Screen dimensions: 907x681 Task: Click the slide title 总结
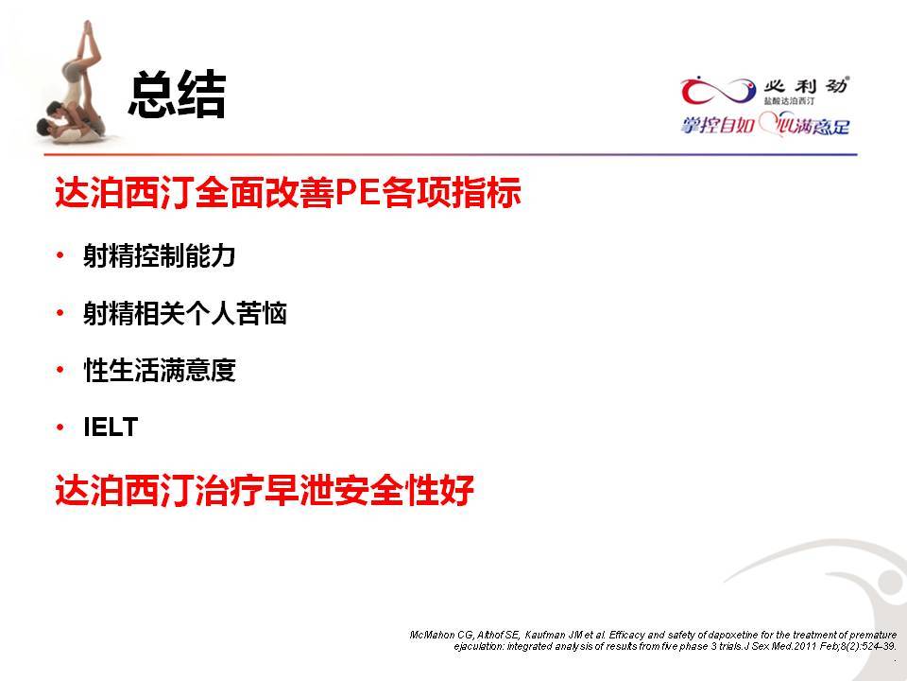tap(177, 95)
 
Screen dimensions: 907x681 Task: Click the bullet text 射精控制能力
tap(159, 255)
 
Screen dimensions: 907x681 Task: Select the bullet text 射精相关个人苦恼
tap(185, 313)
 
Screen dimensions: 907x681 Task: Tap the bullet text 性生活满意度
tap(160, 370)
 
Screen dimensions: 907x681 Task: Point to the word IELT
tap(111, 428)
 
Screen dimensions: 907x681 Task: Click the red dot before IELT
tap(60, 428)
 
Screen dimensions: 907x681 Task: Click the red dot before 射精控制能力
tap(60, 254)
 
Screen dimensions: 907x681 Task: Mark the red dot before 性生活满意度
tap(60, 370)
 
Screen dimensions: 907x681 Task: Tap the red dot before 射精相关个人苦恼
tap(60, 313)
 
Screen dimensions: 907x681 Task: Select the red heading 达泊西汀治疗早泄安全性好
tap(265, 490)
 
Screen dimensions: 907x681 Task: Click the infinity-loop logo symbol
tap(718, 92)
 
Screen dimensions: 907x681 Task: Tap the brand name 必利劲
tap(806, 86)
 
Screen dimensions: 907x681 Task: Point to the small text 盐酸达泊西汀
tap(789, 101)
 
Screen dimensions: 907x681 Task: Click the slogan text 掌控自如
tap(717, 125)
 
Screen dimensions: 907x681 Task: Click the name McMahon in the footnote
tap(432, 635)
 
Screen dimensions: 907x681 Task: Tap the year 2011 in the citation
tap(806, 646)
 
